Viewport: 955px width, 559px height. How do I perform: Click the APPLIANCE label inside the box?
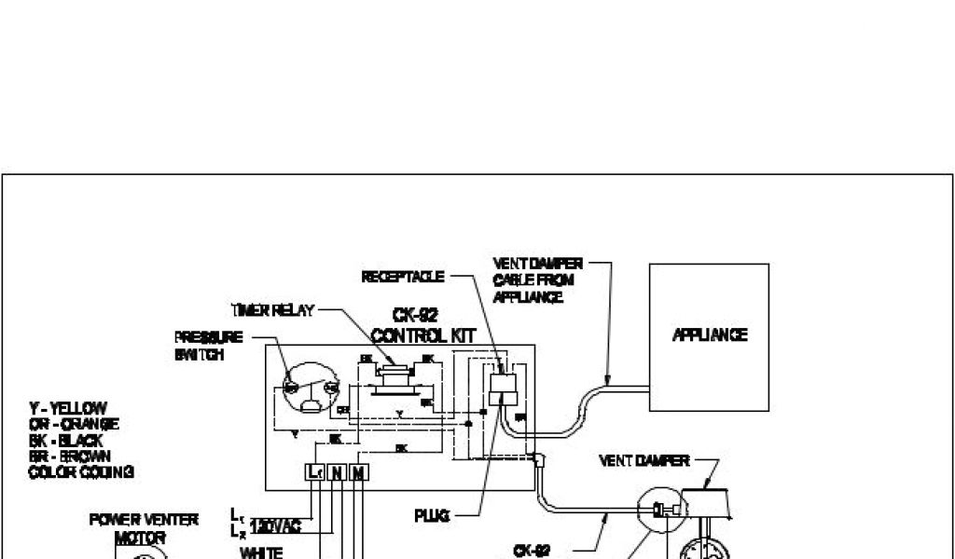pyautogui.click(x=709, y=335)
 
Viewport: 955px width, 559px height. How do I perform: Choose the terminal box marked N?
pyautogui.click(x=336, y=471)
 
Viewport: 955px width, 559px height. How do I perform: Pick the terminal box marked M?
pyautogui.click(x=357, y=471)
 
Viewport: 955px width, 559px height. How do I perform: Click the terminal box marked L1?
pyautogui.click(x=314, y=471)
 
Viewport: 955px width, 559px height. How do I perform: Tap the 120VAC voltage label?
pyautogui.click(x=275, y=527)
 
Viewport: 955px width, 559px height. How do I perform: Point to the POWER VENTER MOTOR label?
pyautogui.click(x=144, y=528)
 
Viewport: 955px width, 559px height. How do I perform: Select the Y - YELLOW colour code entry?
pyautogui.click(x=68, y=408)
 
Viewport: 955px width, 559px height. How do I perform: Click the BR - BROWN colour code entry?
pyautogui.click(x=69, y=456)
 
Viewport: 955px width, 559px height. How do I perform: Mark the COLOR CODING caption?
pyautogui.click(x=81, y=471)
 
